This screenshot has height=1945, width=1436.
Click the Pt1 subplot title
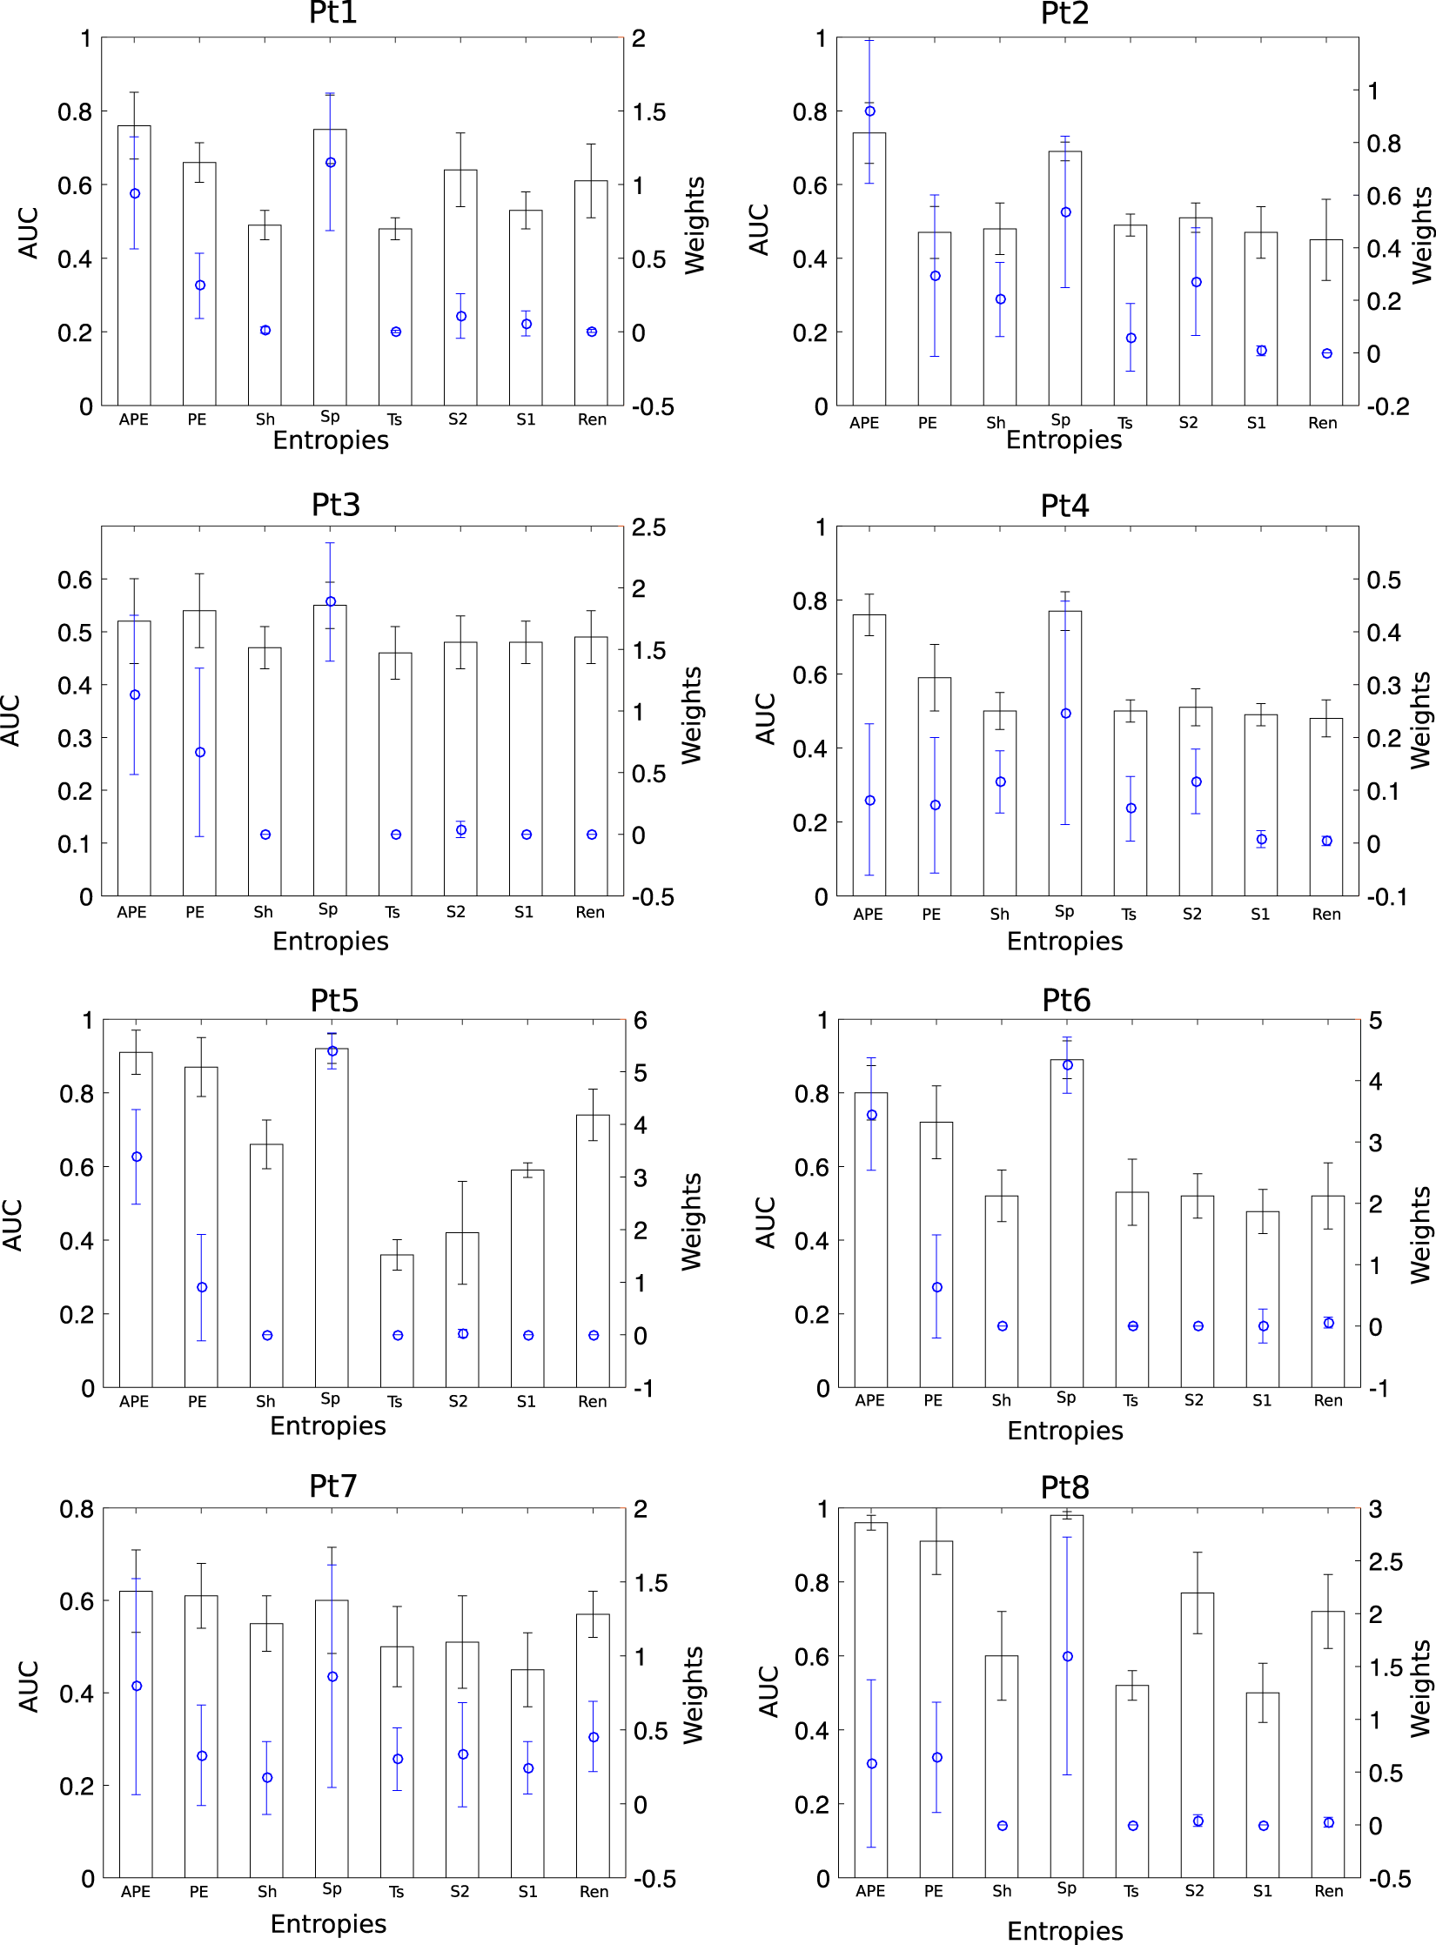[333, 13]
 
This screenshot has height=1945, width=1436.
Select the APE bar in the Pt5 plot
[136, 1218]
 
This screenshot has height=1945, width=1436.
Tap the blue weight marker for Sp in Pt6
[1067, 1064]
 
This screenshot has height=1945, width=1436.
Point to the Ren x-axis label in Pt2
[1322, 423]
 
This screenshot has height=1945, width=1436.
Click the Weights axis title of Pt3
[692, 715]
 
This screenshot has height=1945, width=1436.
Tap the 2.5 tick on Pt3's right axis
[648, 527]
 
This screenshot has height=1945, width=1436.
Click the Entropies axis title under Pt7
[328, 1923]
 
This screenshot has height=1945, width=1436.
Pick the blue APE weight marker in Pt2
[869, 111]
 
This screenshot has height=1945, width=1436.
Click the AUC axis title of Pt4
[765, 719]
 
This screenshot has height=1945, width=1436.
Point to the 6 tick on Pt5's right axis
[641, 1021]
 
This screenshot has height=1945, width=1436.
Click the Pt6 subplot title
[1065, 1001]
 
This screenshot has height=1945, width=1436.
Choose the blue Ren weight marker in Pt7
[593, 1737]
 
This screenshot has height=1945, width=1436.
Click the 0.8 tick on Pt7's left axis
[77, 1509]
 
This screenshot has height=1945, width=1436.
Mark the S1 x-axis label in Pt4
[1259, 914]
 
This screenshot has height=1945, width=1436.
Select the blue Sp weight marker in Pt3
[330, 601]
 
